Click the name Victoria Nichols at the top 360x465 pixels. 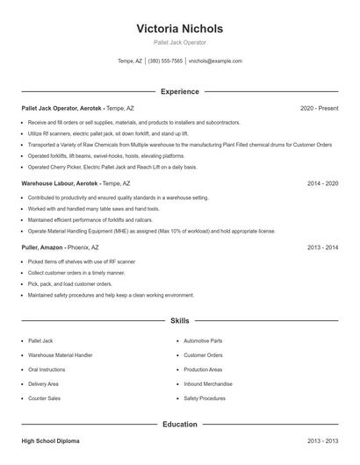180,28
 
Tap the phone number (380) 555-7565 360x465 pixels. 165,61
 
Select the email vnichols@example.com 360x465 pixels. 216,61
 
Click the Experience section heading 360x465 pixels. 180,91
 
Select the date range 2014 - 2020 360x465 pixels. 322,183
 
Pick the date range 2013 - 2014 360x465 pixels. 322,248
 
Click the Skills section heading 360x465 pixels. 180,321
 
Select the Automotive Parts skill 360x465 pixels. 203,340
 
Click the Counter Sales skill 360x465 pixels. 44,398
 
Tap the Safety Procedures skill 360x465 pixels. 205,398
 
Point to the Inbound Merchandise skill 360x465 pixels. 207,383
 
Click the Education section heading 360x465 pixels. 180,425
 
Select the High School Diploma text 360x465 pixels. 52,440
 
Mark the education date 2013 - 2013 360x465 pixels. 322,440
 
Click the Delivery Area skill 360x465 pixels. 44,383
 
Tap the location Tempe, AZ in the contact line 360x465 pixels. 130,61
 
